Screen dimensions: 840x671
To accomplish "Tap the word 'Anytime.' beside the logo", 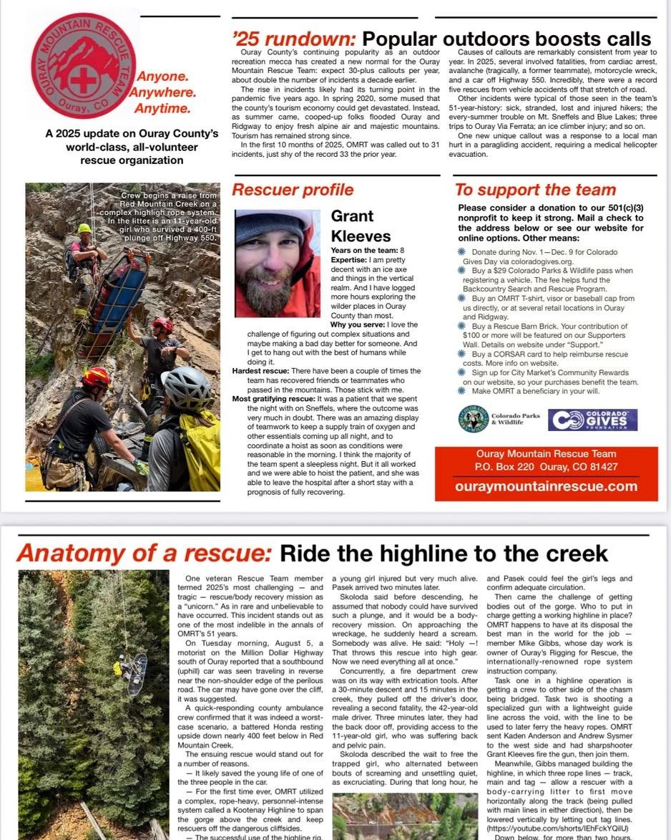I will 161,109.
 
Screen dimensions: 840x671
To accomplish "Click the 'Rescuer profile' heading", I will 293,190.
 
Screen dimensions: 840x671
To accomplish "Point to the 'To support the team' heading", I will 535,190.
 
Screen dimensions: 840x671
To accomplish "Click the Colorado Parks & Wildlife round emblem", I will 473,420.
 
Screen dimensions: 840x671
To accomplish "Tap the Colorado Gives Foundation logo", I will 592,420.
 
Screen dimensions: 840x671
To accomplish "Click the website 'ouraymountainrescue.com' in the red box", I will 546,486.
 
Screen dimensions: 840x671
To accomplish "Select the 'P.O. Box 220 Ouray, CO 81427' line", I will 546,467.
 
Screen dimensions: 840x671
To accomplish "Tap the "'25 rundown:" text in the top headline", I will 294,39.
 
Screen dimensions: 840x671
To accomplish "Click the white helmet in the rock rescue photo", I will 187,387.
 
